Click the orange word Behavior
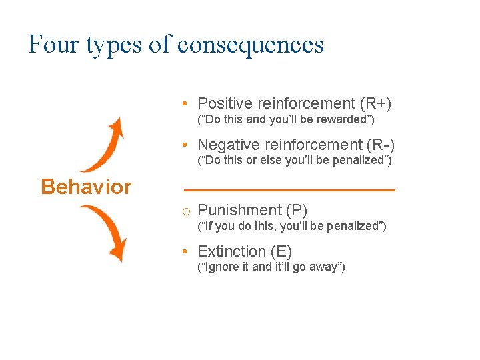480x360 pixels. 86,187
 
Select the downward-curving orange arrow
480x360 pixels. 107,231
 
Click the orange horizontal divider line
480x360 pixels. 289,191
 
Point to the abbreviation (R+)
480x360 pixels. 375,103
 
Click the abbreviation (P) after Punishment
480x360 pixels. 297,211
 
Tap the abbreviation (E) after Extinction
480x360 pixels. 281,251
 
